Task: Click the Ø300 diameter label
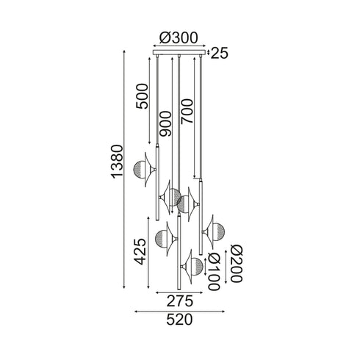click(x=179, y=38)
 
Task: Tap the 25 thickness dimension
click(x=219, y=53)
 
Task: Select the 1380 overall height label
click(x=117, y=162)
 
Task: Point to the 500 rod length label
click(x=143, y=96)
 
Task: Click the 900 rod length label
click(x=165, y=123)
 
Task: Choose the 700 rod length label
click(x=187, y=112)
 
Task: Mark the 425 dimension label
click(x=141, y=251)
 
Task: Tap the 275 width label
click(x=180, y=301)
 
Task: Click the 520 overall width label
click(x=179, y=320)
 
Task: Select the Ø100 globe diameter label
click(x=215, y=271)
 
